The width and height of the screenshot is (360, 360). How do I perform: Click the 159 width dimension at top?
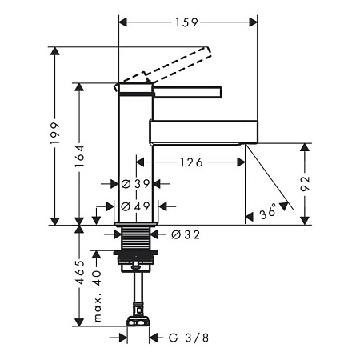click(x=186, y=22)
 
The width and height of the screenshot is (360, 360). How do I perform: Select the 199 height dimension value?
click(x=55, y=134)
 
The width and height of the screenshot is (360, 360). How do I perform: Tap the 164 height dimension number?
click(x=79, y=156)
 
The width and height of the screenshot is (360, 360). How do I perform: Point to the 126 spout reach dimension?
click(x=191, y=162)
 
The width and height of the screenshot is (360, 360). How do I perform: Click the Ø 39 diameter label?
click(x=135, y=184)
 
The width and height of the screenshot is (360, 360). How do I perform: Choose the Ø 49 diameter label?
click(x=135, y=206)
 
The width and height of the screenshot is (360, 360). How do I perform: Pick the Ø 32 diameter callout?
click(x=186, y=234)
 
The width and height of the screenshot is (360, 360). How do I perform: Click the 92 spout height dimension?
click(x=305, y=183)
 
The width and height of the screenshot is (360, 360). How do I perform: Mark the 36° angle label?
click(x=268, y=212)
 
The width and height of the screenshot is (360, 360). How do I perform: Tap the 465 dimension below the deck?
click(x=80, y=272)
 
